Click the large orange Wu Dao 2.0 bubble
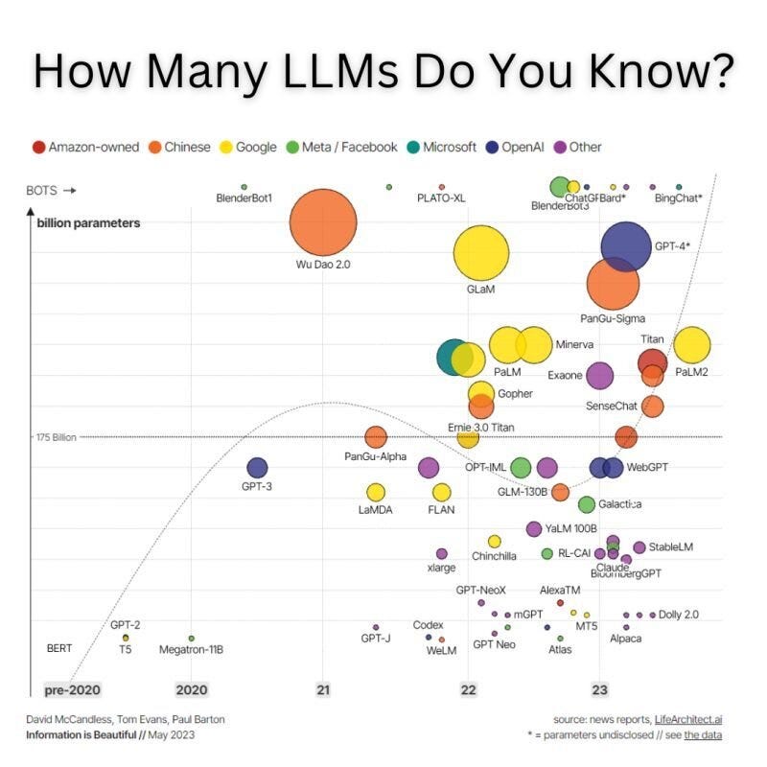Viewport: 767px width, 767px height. click(x=323, y=222)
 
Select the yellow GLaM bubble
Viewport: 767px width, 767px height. click(x=481, y=253)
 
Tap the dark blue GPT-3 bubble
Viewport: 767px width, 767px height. click(x=257, y=468)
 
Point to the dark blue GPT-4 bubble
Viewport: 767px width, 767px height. click(x=626, y=246)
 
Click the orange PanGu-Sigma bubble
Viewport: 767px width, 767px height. click(x=613, y=283)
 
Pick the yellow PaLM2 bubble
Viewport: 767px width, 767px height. click(x=691, y=345)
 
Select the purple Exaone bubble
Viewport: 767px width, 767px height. click(x=599, y=375)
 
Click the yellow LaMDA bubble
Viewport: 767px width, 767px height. click(x=376, y=492)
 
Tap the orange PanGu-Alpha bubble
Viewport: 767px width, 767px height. click(x=376, y=437)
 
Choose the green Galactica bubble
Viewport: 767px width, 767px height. click(x=587, y=504)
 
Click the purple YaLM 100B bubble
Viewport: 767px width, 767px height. click(x=534, y=528)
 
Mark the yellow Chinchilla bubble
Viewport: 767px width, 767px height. click(x=495, y=542)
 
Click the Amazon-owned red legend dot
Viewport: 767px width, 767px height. click(x=38, y=147)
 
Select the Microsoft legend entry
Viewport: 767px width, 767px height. click(x=440, y=147)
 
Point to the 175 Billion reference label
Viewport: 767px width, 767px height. click(x=57, y=437)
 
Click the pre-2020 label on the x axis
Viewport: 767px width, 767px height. click(x=72, y=689)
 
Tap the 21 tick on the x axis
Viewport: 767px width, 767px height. click(x=323, y=689)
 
